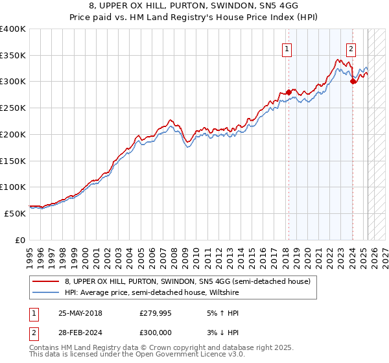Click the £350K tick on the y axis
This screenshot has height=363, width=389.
(13, 56)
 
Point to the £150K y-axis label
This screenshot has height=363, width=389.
(13, 161)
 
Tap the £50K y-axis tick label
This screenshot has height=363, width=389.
(16, 213)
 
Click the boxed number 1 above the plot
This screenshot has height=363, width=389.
(287, 47)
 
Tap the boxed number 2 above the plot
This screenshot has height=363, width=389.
(351, 47)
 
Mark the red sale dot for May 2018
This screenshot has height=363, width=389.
(289, 91)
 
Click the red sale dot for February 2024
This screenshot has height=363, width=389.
(352, 81)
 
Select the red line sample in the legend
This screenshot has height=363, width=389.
(45, 281)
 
